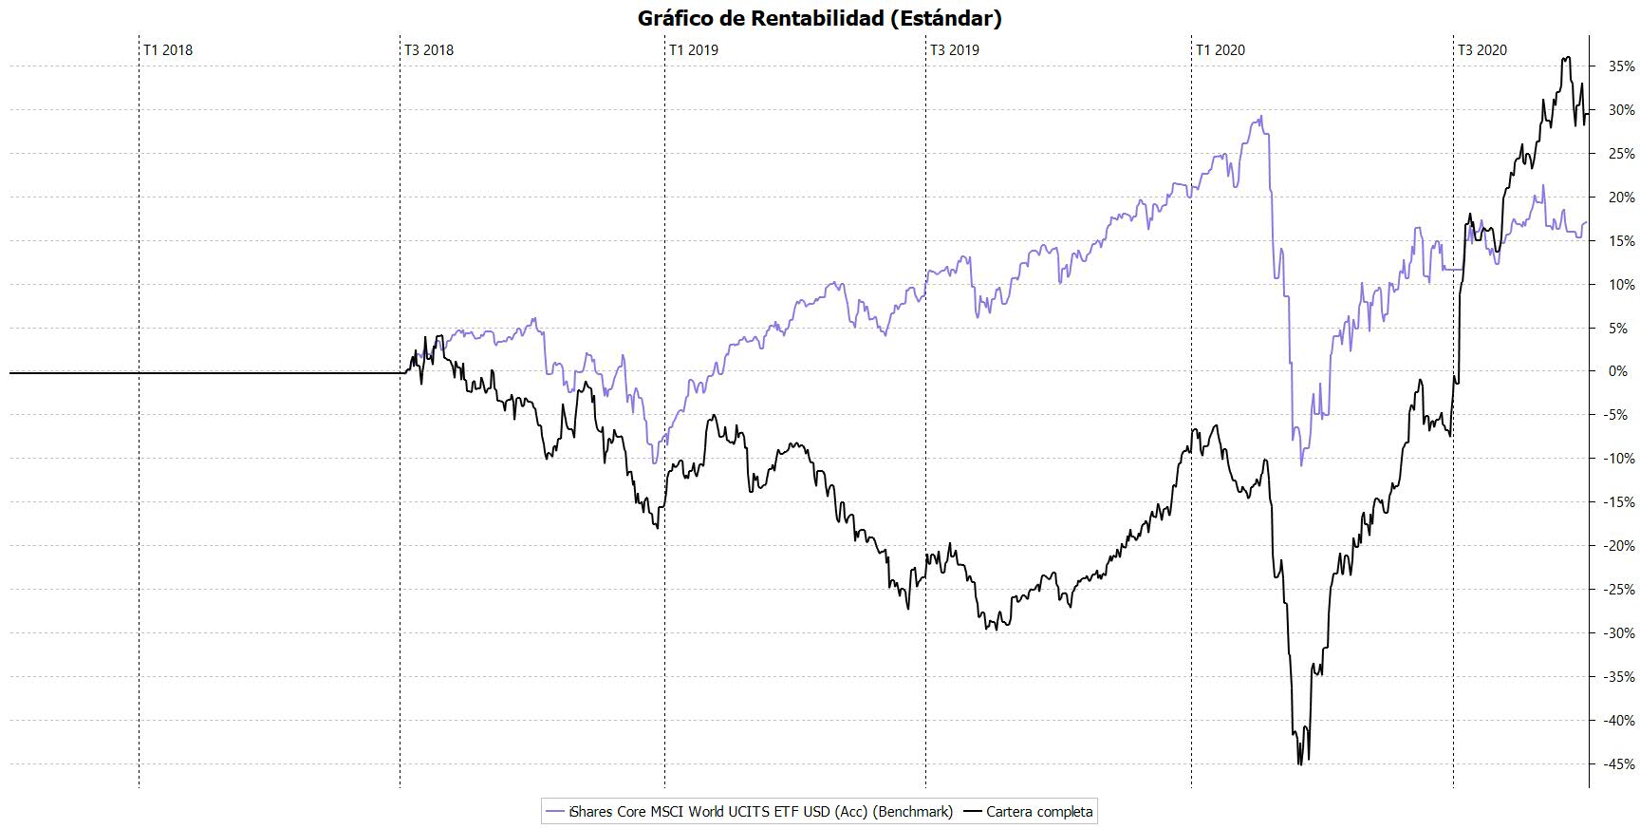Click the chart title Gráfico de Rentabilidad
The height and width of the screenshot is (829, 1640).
coord(819,18)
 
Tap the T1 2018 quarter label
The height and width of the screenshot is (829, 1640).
coord(168,50)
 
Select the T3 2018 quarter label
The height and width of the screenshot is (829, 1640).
coord(429,50)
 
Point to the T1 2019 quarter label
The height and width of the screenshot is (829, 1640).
coord(694,50)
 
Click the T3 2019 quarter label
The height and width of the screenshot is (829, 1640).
coord(955,50)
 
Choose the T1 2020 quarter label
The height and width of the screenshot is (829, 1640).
coord(1221,50)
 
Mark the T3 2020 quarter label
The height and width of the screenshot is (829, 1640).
coord(1482,50)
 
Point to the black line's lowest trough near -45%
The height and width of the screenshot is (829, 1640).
coord(1299,763)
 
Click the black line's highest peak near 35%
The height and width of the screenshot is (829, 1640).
coord(1567,58)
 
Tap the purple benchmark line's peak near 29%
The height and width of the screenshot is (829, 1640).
coord(1260,117)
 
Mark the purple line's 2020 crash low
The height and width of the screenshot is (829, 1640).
coord(1301,464)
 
